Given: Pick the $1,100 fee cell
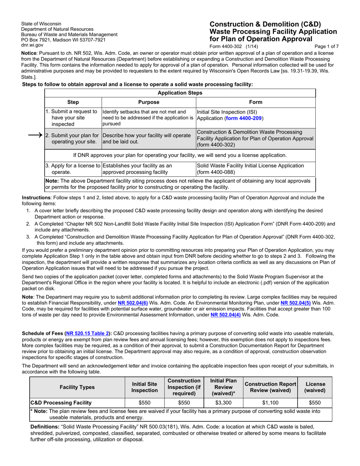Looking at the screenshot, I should pos(271,403).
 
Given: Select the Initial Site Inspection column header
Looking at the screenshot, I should pos(144,387).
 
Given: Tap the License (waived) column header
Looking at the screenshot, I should pos(315,387).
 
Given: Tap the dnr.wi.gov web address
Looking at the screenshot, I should pos(32,45).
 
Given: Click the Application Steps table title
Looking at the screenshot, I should pos(180,93).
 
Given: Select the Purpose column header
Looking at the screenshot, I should pos(149,102).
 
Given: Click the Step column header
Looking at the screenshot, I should pos(73,102).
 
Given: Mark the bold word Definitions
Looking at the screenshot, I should pos(45,427).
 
